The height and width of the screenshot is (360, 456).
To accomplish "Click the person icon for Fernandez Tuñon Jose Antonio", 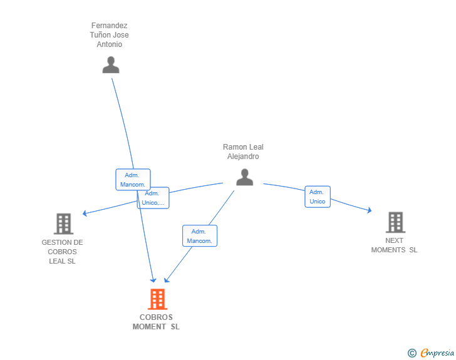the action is click(111, 65).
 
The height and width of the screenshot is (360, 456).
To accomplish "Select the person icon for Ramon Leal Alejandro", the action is click(244, 177).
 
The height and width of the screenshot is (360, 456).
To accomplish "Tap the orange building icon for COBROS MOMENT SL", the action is click(157, 299).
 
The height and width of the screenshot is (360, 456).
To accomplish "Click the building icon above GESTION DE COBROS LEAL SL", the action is click(63, 224).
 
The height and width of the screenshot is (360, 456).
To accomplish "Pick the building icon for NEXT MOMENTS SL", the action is click(395, 222).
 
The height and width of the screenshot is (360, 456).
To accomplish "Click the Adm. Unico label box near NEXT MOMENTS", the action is click(318, 197).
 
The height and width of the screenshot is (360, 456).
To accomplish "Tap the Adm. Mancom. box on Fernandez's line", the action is click(133, 180).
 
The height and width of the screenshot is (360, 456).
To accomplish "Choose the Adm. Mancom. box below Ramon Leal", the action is click(200, 236).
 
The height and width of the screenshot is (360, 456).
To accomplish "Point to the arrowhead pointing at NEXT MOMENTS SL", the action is click(370, 210).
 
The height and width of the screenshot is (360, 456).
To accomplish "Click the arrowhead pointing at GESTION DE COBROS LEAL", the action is click(85, 213).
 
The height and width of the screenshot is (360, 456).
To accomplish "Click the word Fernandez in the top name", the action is click(110, 26).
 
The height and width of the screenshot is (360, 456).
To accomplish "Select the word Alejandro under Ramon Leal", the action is click(243, 157).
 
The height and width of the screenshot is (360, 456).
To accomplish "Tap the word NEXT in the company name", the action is click(395, 240).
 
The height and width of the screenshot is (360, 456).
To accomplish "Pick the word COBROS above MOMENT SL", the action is click(156, 317).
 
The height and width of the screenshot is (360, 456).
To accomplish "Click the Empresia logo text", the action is click(437, 352).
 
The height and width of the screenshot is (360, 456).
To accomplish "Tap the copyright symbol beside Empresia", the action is click(412, 353).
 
